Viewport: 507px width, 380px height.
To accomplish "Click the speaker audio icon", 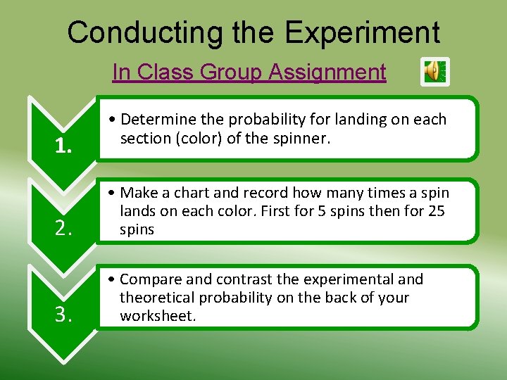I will [434, 72].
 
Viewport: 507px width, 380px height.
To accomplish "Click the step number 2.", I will [63, 227].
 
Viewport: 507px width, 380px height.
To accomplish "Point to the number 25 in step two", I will [436, 211].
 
